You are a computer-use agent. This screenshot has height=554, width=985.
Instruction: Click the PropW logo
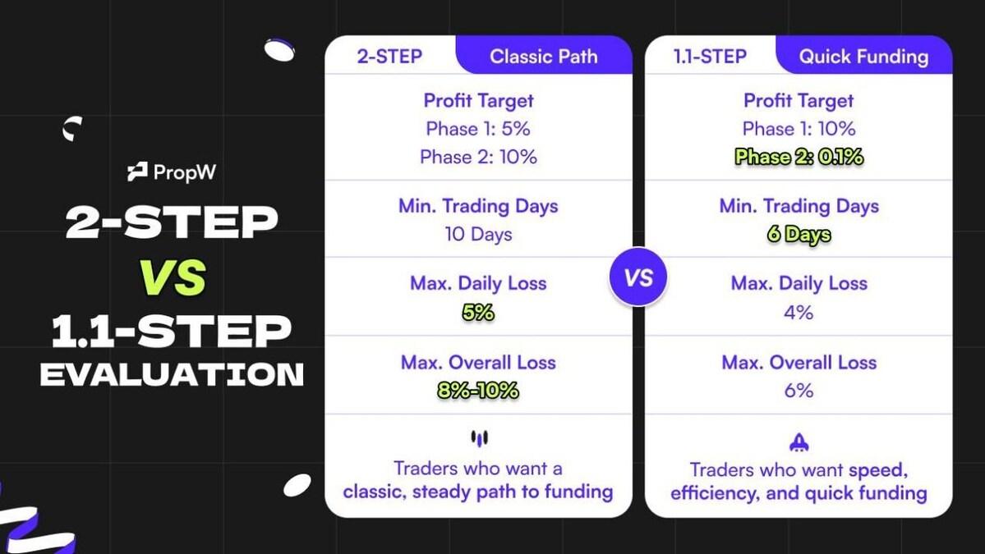tap(173, 172)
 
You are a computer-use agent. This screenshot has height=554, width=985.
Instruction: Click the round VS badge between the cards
tap(638, 277)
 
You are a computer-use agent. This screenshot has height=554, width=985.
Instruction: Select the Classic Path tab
tap(544, 57)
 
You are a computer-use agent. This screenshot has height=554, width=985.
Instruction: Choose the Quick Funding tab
tap(863, 57)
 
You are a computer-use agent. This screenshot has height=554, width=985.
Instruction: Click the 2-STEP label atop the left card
tap(389, 57)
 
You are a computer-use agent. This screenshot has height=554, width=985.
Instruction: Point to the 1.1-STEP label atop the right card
tap(710, 57)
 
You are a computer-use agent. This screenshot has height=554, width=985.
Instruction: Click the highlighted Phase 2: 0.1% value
tap(799, 157)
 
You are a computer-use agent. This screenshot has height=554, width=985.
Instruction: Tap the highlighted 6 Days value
tap(799, 235)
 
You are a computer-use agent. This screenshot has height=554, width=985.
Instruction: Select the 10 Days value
tap(478, 235)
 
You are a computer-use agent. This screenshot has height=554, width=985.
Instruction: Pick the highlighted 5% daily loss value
tap(478, 313)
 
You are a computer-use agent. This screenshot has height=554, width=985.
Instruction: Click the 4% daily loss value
tap(799, 313)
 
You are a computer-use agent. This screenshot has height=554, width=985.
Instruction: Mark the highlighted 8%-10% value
tap(478, 391)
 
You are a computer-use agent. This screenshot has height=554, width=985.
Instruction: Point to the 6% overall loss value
tap(799, 391)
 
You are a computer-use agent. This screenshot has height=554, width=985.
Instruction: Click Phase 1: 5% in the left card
tap(478, 129)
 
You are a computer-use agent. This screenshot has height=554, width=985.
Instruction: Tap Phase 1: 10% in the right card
tap(799, 129)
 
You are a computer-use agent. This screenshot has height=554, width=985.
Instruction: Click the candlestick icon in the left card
tap(479, 439)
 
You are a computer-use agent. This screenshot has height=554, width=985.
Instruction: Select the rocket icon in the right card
tap(799, 443)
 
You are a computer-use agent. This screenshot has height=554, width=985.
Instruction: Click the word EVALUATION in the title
tap(173, 374)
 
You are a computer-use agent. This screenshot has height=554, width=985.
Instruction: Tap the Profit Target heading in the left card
tap(478, 101)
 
